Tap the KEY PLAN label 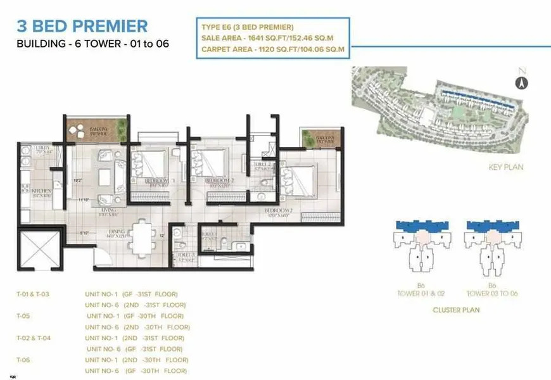click(505, 167)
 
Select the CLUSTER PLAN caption click(456, 310)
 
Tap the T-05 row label click(23, 316)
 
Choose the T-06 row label click(23, 360)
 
